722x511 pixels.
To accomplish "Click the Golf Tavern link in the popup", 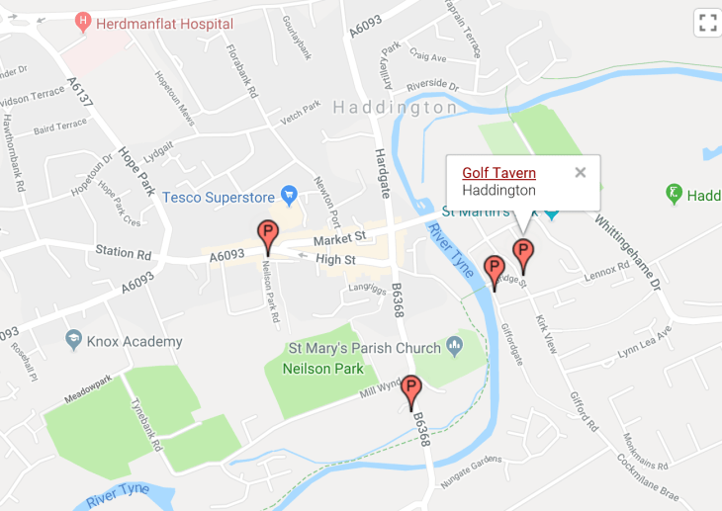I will (498, 173).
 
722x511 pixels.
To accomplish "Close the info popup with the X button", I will (581, 173).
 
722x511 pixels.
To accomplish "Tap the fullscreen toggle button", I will (707, 23).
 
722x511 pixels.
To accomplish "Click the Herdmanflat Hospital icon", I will (83, 22).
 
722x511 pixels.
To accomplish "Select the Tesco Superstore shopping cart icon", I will (290, 194).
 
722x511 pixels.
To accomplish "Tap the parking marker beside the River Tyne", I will (494, 270).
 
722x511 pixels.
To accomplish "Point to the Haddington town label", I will (396, 107).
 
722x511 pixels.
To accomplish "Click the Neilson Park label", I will (323, 369).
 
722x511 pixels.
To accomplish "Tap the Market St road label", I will (340, 238).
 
